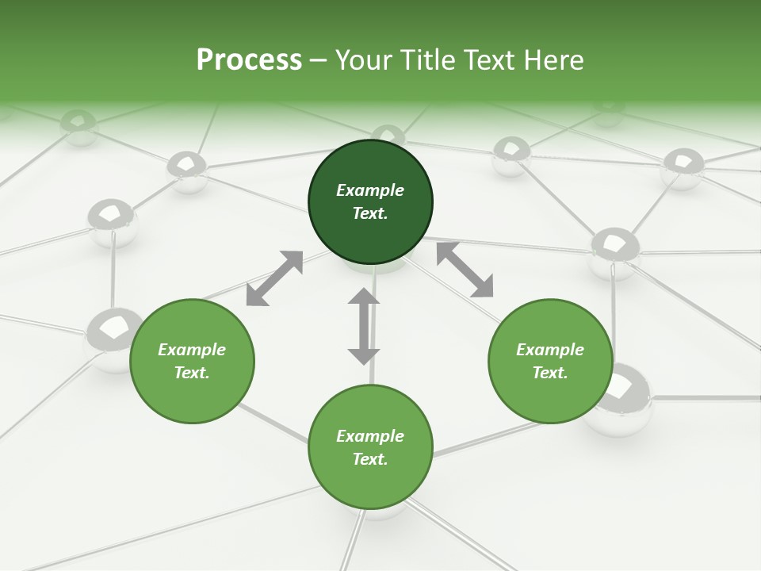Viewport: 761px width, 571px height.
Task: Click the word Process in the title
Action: (249, 60)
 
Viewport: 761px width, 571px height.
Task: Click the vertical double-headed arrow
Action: (364, 326)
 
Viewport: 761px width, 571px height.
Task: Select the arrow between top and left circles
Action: (274, 278)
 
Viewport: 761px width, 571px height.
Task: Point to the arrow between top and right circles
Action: (465, 270)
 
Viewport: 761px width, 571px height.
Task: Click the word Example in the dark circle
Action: (370, 190)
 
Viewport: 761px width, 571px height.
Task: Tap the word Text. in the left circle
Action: (192, 373)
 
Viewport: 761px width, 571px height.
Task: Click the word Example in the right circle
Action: (550, 350)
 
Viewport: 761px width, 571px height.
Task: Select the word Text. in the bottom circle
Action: (370, 459)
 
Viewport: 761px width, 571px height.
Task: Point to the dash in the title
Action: (318, 60)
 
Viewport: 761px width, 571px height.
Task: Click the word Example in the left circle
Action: (192, 350)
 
